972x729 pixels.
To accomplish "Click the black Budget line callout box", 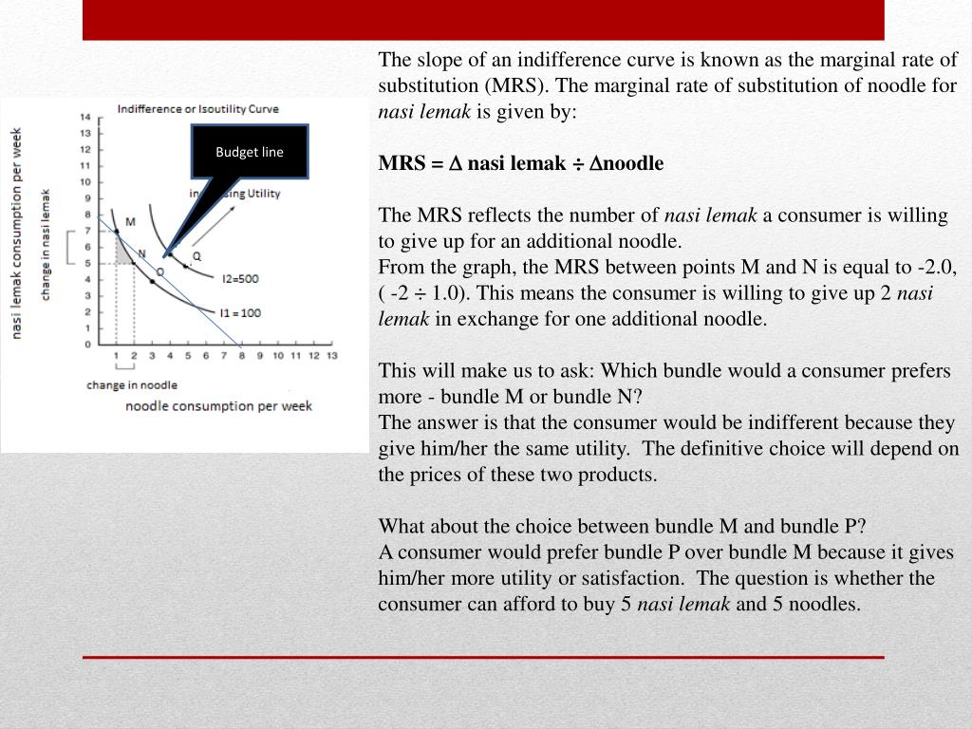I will click(250, 151).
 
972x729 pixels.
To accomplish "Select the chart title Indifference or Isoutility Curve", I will click(197, 109).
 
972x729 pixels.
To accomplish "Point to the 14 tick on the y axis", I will click(85, 117).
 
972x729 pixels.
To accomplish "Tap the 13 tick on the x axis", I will click(331, 356).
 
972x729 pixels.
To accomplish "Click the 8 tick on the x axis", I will click(241, 356).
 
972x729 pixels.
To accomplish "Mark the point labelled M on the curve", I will click(117, 231).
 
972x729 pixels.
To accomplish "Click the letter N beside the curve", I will click(141, 253).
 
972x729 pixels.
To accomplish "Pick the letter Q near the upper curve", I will click(196, 256).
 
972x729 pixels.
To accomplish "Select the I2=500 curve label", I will click(240, 279).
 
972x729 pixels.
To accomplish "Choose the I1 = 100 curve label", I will click(241, 311).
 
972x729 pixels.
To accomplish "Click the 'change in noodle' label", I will click(131, 385).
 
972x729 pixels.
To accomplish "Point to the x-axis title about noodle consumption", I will click(218, 406).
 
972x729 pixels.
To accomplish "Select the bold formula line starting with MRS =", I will click(521, 163).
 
